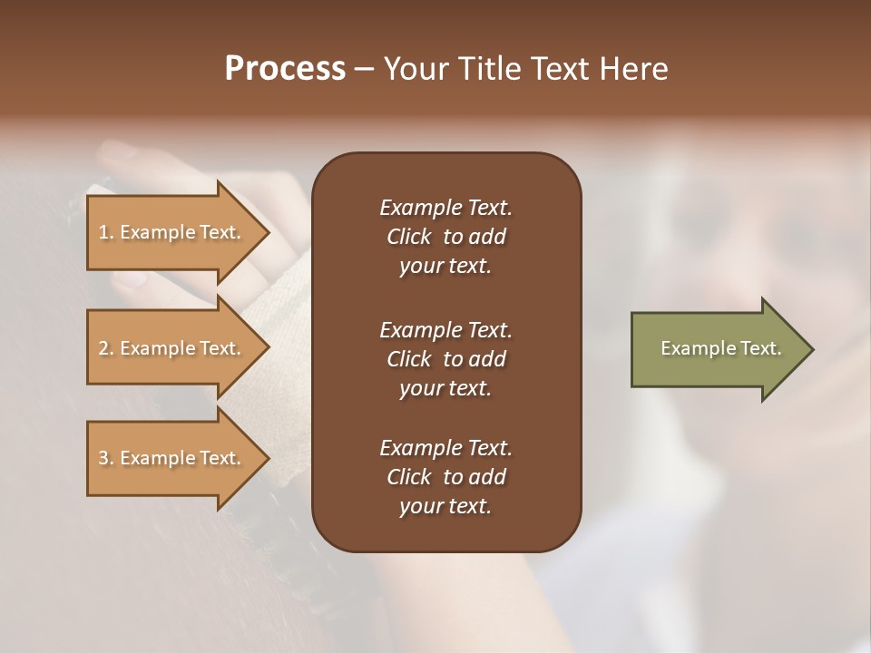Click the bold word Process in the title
[285, 69]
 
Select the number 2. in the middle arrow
[105, 348]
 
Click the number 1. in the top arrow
[105, 232]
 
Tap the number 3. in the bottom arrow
[105, 458]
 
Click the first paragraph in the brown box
[445, 237]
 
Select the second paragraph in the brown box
[445, 359]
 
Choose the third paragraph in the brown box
[445, 477]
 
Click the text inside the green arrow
[720, 348]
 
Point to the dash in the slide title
[364, 70]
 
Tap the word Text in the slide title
[561, 69]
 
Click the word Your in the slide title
[416, 69]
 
